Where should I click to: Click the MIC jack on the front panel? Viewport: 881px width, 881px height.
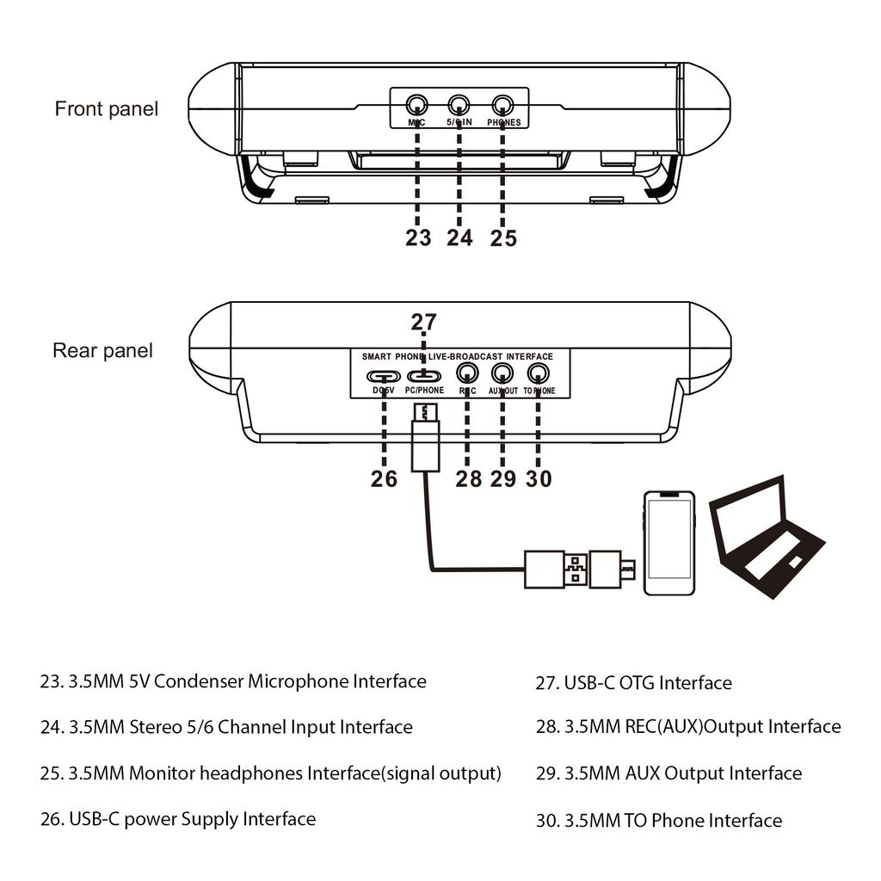point(416,106)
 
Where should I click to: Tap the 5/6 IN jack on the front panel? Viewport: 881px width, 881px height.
point(459,106)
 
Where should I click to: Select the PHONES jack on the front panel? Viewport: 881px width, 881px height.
point(502,106)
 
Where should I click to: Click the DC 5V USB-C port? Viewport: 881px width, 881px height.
point(384,376)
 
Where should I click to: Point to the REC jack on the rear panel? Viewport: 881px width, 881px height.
point(468,373)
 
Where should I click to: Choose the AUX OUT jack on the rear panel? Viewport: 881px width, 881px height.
point(502,373)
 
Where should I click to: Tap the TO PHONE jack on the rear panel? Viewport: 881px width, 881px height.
point(539,373)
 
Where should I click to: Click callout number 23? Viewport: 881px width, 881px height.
point(418,238)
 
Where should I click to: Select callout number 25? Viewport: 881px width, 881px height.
point(503,238)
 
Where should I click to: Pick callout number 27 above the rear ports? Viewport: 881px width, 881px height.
point(423,323)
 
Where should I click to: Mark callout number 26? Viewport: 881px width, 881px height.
point(384,479)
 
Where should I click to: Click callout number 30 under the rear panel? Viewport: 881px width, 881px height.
point(539,479)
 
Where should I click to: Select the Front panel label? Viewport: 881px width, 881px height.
point(107,109)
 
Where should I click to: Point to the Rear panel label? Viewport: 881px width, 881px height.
point(103,351)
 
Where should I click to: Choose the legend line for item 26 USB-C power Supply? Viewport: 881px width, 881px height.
point(178,818)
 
